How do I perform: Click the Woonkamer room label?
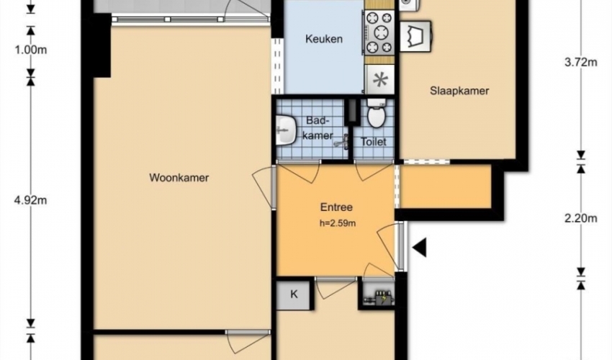pos(179,178)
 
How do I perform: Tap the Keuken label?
pos(324,39)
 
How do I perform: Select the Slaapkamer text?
pos(459,91)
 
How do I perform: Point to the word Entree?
pos(336,207)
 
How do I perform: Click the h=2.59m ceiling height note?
pos(338,223)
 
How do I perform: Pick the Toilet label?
pos(374,142)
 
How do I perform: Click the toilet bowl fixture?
pos(377,113)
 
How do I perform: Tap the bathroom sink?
pos(286,130)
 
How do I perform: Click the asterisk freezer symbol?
pos(380,80)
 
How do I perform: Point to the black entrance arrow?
pos(419,247)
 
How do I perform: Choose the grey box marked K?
pos(294,294)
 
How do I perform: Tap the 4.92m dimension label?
pos(30,200)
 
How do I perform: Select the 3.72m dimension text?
pos(581,63)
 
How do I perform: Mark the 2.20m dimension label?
pos(581,219)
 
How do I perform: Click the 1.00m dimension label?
pos(30,50)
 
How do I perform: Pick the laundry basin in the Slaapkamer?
pos(415,36)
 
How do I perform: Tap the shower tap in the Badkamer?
pos(342,142)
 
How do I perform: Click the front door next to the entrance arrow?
pos(400,246)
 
